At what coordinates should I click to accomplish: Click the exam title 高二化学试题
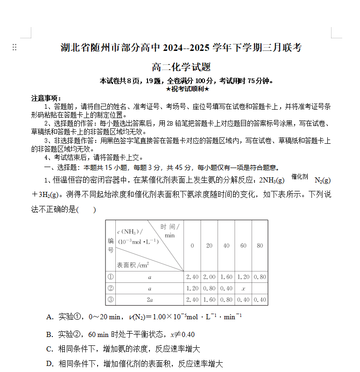point(181,67)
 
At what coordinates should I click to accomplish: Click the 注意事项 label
point(46,98)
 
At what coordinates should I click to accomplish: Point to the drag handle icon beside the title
point(14,47)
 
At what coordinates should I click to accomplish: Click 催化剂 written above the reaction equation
point(300,176)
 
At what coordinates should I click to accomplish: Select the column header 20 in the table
point(209,246)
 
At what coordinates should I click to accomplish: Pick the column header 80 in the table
point(260,246)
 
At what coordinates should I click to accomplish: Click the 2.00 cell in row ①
point(209,277)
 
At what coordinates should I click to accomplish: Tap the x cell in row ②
point(243,288)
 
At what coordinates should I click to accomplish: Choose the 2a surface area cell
point(149,300)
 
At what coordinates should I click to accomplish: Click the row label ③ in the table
point(111,300)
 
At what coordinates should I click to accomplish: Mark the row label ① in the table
point(111,277)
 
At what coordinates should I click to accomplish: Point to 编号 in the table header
point(111,246)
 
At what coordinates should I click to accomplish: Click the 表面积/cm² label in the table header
point(133,265)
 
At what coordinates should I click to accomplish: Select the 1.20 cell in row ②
point(192,288)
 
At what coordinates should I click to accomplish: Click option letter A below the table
point(49,317)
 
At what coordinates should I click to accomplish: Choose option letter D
point(49,364)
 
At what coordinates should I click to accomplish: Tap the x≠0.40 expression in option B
point(182,335)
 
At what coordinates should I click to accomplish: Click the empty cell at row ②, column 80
point(260,288)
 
